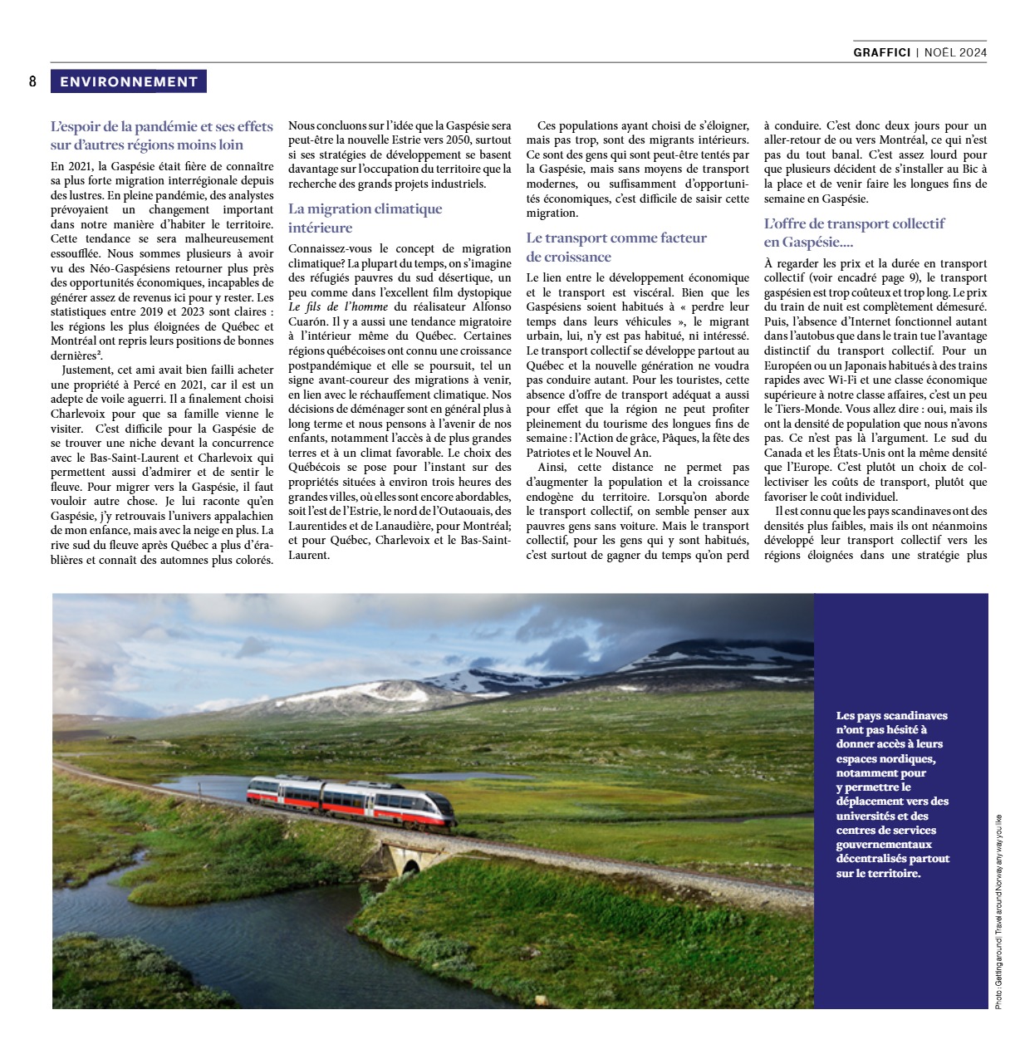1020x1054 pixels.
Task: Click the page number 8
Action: coord(33,81)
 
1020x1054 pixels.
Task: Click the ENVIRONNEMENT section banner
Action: coord(128,81)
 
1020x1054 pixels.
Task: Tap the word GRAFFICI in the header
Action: coord(881,52)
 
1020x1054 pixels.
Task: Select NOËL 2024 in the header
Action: coord(954,52)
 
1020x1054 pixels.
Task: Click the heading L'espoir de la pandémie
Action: coord(161,135)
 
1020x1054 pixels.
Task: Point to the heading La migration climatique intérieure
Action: coord(365,218)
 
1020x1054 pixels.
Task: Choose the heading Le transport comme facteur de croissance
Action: coord(615,247)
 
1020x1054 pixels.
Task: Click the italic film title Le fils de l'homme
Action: coord(338,306)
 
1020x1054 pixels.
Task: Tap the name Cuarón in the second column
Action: coord(308,321)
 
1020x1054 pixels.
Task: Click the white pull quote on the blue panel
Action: coord(892,794)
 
